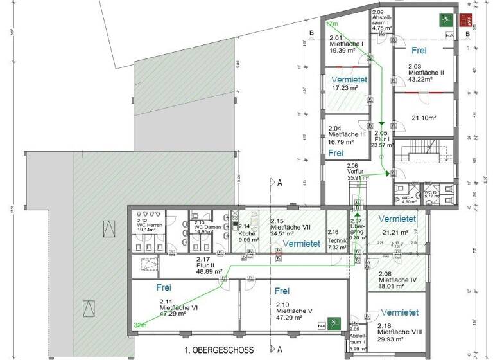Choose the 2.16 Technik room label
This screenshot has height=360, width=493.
click(336, 239)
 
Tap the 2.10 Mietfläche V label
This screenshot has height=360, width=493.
click(294, 311)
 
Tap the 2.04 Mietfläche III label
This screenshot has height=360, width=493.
click(346, 134)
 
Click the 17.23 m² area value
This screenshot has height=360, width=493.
click(345, 87)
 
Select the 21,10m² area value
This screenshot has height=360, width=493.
click(424, 118)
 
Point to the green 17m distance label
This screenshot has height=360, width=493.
click(333, 23)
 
